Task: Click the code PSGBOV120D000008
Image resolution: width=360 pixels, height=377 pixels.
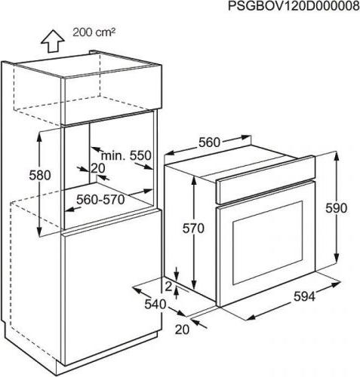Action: [x=294, y=6]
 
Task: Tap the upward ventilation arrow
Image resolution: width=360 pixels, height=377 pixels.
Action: [x=52, y=41]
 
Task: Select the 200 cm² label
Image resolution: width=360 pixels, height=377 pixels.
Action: [x=94, y=32]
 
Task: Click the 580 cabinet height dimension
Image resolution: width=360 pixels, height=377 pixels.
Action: [x=40, y=175]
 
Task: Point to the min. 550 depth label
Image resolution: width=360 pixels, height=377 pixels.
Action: [x=126, y=156]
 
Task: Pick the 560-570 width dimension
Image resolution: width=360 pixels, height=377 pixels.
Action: [x=100, y=200]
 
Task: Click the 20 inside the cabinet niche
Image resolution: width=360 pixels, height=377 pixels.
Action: [x=97, y=168]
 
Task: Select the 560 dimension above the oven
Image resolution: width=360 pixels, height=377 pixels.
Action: [x=209, y=143]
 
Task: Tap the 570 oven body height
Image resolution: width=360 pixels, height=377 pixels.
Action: [x=193, y=228]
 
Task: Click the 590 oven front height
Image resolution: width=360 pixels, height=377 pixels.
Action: [x=336, y=208]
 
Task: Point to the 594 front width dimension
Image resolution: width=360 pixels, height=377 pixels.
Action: [x=304, y=296]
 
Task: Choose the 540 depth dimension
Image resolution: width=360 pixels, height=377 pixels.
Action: [x=155, y=305]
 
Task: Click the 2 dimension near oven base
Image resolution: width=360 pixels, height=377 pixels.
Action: [x=169, y=287]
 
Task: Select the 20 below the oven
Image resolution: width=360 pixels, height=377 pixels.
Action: [x=182, y=329]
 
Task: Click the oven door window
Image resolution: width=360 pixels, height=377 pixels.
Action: [x=268, y=242]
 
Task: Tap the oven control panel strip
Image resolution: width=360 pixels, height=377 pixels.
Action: [x=266, y=179]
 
